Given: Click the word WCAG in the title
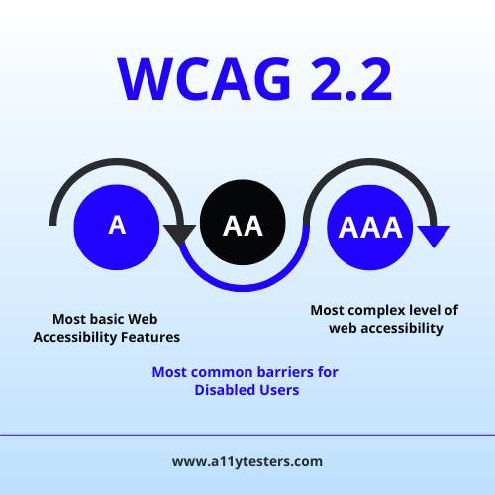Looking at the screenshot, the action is (x=204, y=79).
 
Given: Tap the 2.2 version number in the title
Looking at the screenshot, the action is (x=351, y=79).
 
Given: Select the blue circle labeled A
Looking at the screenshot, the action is (x=117, y=228).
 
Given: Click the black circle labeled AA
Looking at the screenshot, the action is (x=243, y=223).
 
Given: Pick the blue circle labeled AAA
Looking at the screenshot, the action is (x=370, y=228).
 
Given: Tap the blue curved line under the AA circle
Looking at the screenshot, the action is (x=243, y=288).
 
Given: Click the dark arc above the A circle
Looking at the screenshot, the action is (x=117, y=162).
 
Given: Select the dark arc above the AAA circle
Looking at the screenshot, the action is (x=370, y=162).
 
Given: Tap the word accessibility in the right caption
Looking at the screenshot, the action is (x=402, y=329).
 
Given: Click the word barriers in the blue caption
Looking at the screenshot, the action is (x=285, y=372).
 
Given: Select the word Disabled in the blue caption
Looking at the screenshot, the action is (x=221, y=390).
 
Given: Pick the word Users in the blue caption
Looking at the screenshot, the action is (x=274, y=390).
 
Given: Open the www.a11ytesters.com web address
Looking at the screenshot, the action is (x=247, y=461).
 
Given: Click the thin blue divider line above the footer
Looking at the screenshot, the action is (x=247, y=435).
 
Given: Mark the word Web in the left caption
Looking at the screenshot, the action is (x=143, y=319).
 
